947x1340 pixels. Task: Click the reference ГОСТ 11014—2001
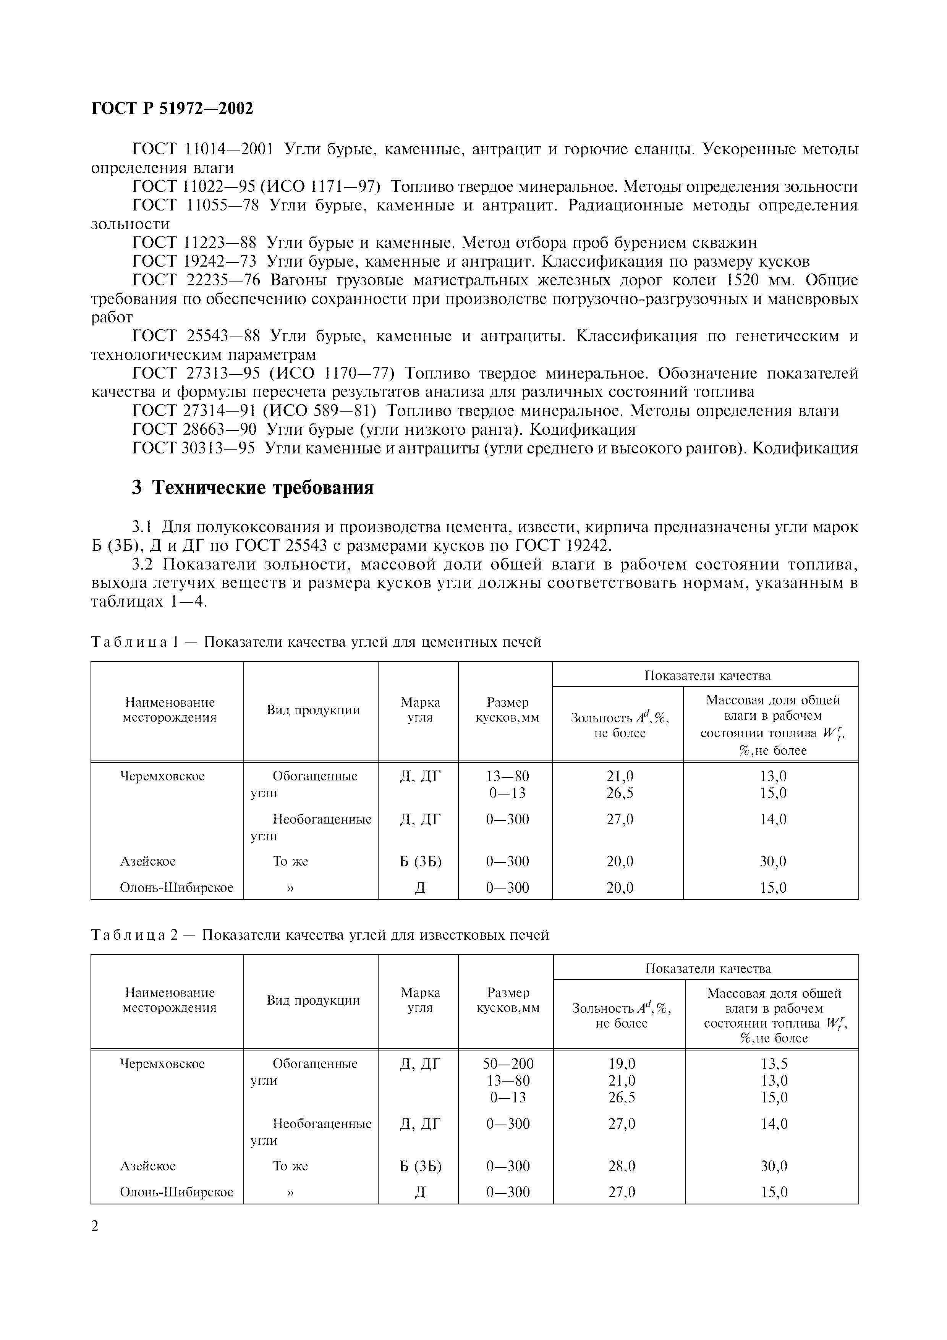203,149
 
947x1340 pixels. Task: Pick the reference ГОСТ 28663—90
194,430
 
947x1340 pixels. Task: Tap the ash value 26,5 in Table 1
619,793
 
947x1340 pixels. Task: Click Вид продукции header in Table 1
313,710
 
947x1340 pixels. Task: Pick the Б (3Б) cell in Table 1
420,861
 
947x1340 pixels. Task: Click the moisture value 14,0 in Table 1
773,819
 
